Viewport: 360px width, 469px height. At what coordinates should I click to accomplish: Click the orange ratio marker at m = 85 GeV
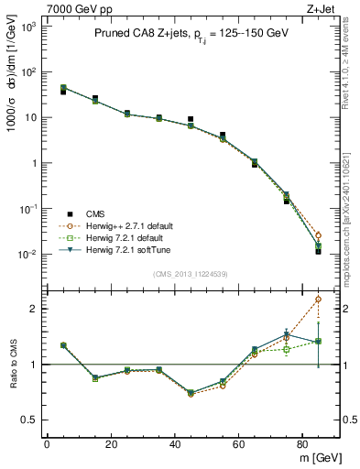(x=318, y=299)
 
